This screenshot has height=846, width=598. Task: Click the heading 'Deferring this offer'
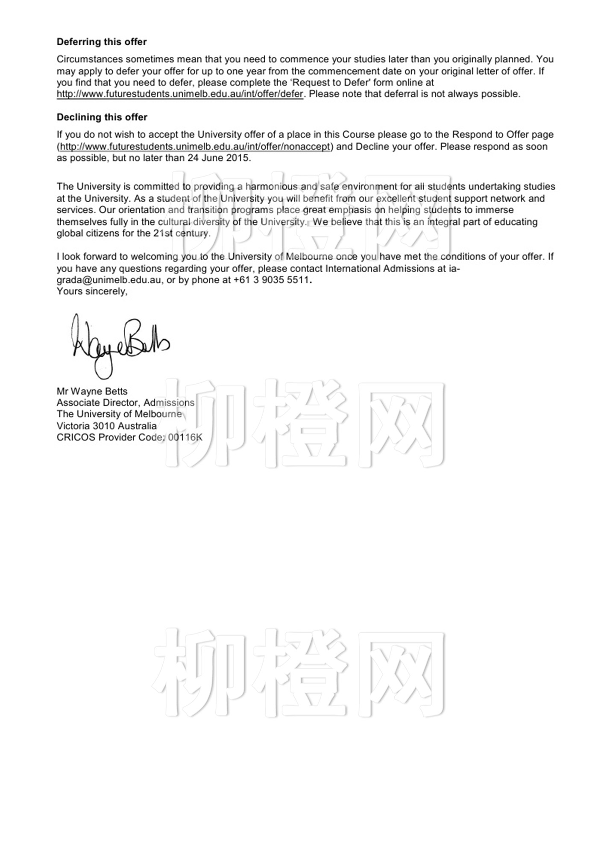pos(102,42)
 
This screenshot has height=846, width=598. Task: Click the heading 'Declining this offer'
pos(102,117)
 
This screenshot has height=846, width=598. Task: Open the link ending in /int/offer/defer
pos(180,94)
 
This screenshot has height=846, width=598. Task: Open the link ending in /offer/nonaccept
pos(195,147)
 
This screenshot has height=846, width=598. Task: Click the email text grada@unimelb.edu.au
pos(109,280)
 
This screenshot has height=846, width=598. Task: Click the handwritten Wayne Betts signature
pos(120,344)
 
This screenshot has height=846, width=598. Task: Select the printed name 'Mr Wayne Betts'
pos(92,391)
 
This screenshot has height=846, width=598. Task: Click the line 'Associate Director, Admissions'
pos(126,403)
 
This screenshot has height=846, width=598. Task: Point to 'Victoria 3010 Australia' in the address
pos(107,426)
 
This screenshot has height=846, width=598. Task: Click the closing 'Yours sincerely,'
pos(92,291)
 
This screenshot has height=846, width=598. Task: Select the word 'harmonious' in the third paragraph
pos(271,187)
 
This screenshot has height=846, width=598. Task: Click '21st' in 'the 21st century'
pos(163,233)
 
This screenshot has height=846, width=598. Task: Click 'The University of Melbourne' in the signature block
pos(119,414)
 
